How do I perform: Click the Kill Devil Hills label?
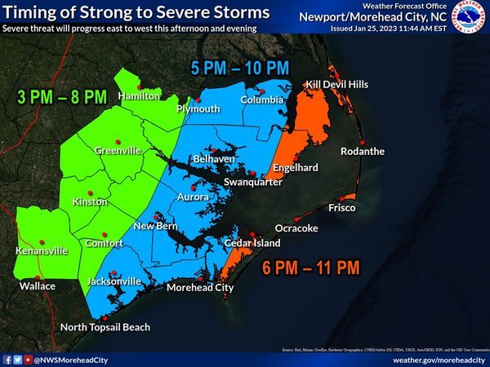click(337, 84)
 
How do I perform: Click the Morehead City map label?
click(200, 287)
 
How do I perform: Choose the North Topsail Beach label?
click(106, 327)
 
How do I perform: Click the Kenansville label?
click(41, 251)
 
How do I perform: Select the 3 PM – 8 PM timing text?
click(62, 96)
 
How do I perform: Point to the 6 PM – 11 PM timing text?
click(310, 267)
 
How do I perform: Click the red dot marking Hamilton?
click(140, 86)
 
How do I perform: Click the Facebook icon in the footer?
click(7, 359)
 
